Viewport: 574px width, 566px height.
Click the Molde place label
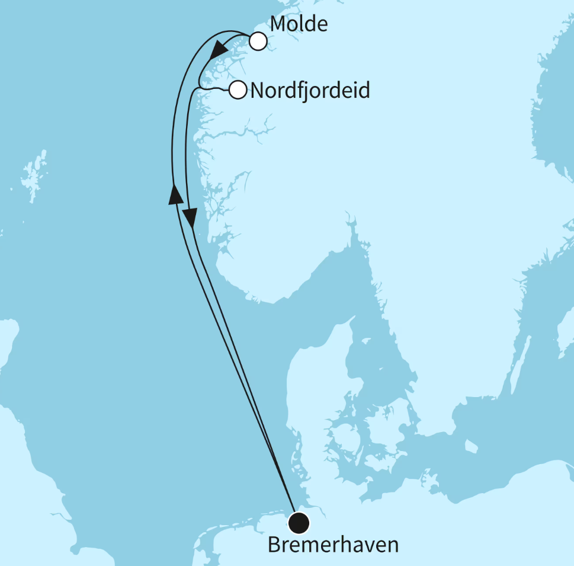(x=299, y=24)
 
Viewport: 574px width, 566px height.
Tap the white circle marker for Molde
(x=258, y=41)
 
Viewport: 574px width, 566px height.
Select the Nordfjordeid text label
(x=310, y=91)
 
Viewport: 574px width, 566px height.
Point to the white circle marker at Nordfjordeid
(x=238, y=90)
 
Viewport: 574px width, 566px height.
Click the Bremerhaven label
(x=333, y=545)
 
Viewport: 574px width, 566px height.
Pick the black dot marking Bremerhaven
(x=299, y=522)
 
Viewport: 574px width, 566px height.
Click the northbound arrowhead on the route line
(x=175, y=194)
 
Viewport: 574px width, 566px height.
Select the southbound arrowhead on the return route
(x=190, y=218)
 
